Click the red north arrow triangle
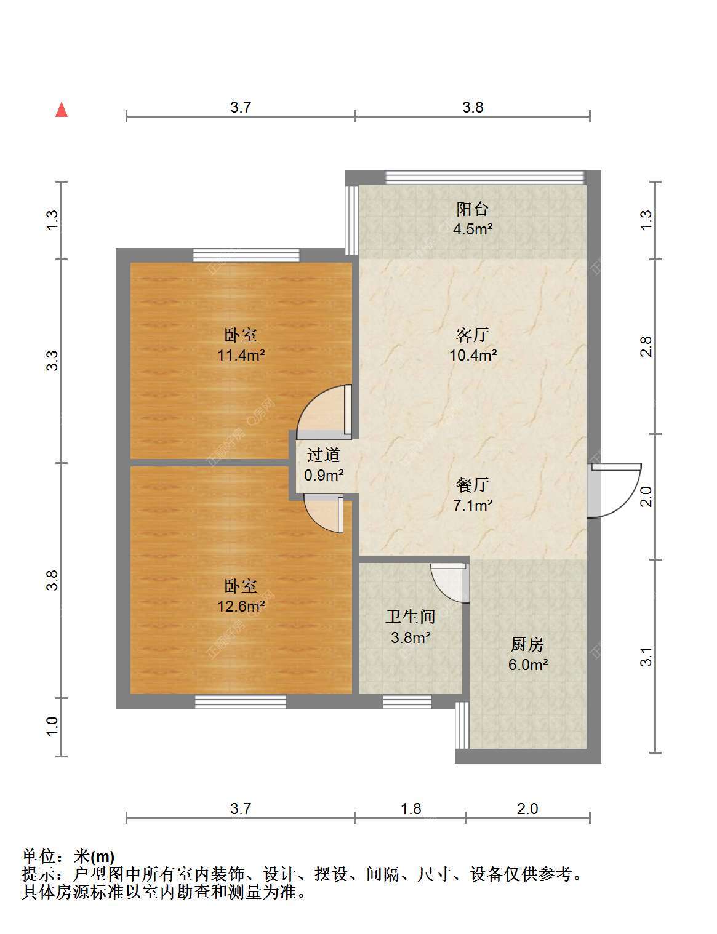[62, 110]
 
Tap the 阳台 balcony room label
[472, 209]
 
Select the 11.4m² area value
[241, 355]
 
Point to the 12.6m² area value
[241, 606]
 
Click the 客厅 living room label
[473, 335]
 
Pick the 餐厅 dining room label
[473, 485]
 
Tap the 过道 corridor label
[323, 455]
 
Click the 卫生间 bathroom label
[411, 617]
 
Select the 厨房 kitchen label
[527, 644]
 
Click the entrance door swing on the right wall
[615, 491]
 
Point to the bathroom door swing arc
[449, 583]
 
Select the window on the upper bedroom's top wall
[246, 255]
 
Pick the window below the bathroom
[407, 702]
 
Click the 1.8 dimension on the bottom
[411, 809]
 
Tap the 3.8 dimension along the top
[473, 107]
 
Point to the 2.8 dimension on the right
[646, 346]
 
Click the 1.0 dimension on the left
[52, 727]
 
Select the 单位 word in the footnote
[39, 856]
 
